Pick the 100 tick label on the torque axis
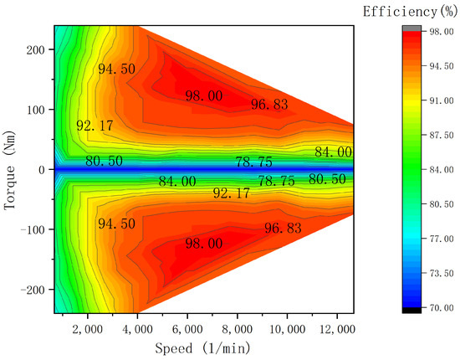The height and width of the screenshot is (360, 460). [36, 109]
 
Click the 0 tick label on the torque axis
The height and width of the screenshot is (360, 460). [42, 169]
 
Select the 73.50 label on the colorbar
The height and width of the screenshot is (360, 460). [435, 274]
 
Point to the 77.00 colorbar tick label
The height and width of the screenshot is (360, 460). [435, 239]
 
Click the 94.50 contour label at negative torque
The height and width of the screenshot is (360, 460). [115, 224]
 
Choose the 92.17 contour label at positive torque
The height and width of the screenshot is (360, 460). [95, 126]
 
